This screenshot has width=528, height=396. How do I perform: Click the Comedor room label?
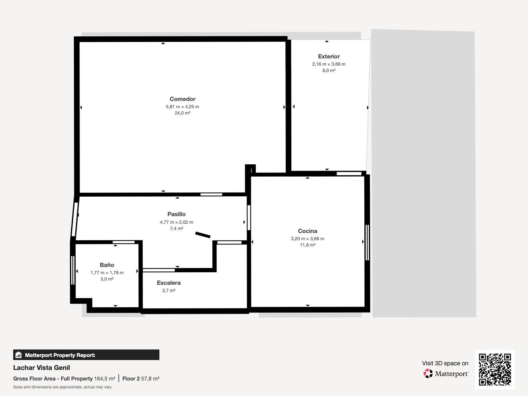(182, 99)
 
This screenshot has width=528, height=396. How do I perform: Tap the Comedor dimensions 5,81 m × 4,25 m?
(182, 107)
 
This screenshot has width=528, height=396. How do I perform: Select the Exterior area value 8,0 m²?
(329, 70)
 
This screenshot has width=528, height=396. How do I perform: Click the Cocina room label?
(307, 231)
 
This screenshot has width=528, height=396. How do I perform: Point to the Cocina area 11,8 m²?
(307, 245)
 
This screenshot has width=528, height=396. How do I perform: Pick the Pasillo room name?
(177, 214)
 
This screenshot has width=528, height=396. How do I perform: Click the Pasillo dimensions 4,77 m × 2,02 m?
(177, 222)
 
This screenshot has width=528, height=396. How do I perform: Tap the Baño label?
(107, 265)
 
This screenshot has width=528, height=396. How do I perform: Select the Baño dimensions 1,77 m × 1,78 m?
(107, 273)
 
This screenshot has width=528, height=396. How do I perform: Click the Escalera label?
(169, 283)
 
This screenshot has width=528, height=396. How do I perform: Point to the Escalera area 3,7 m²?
(169, 290)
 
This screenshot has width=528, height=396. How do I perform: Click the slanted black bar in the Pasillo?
(203, 235)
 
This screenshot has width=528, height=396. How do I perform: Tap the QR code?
(495, 369)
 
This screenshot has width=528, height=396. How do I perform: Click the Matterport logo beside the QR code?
(446, 374)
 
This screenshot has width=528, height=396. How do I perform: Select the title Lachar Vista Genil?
(42, 368)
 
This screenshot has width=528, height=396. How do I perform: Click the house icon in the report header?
(18, 355)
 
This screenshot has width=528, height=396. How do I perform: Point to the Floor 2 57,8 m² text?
(141, 379)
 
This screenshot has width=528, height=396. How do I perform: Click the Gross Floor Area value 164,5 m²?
(105, 379)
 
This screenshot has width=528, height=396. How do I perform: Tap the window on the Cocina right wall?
(367, 243)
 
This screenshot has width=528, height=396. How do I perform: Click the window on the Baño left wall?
(73, 270)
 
